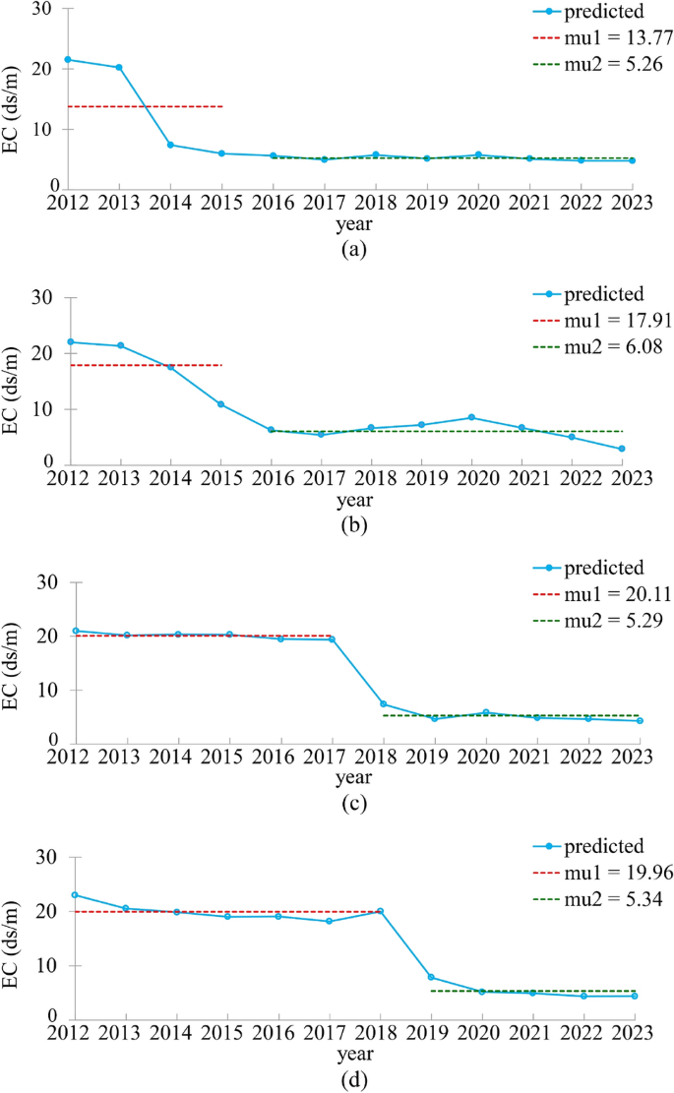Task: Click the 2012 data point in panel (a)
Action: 68,59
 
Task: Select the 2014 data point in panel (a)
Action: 170,145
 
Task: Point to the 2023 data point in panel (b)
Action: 621,449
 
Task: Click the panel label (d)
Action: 353,1079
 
